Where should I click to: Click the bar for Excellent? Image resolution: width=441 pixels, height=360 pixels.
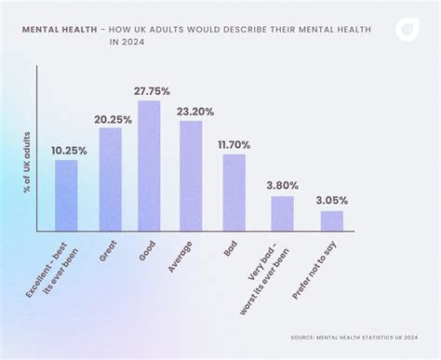[x=66, y=195]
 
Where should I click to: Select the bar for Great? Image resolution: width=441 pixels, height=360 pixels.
[x=110, y=180]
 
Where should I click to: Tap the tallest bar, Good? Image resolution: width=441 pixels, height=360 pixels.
[x=149, y=167]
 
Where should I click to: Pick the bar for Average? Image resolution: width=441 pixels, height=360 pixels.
[x=191, y=176]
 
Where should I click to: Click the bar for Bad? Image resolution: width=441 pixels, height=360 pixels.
[x=234, y=193]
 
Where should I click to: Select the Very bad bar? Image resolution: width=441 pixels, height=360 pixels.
[x=282, y=213]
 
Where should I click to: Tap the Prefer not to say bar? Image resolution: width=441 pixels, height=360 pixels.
[x=332, y=220]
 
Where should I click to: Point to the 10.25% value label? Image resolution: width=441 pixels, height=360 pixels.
[x=69, y=150]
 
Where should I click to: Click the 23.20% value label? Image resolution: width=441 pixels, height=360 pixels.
[x=196, y=112]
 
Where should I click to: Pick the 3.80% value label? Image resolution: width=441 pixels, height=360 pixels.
[x=284, y=185]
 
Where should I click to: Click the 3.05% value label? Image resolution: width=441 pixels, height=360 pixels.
[x=333, y=200]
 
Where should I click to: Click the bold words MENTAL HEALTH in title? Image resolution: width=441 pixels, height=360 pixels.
[x=57, y=30]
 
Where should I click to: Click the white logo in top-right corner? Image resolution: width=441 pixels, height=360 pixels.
[x=407, y=30]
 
